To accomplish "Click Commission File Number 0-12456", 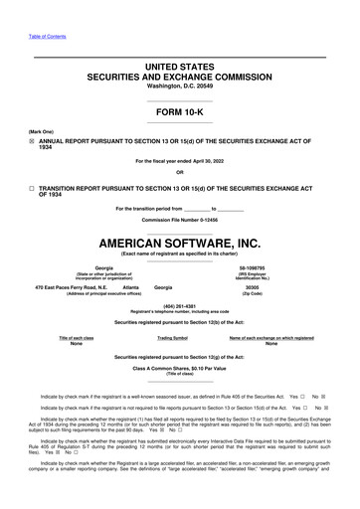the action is pos(179,218).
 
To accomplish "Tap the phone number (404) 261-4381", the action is pos(179,305).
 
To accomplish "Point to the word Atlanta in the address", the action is pos(129,287).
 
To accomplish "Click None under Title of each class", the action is pos(77,344).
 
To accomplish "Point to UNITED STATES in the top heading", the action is pos(179,65).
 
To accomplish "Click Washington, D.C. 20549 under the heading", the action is pos(179,85).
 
